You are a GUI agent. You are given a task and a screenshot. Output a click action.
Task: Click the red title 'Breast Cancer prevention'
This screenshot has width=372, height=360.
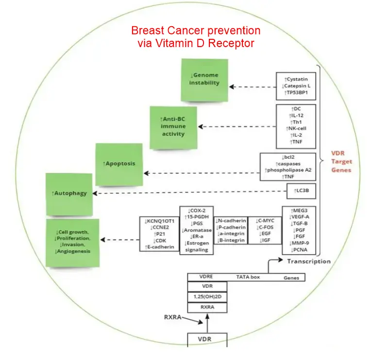[x=196, y=31]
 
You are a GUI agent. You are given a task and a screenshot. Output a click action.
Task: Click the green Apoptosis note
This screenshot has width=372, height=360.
[x=119, y=164]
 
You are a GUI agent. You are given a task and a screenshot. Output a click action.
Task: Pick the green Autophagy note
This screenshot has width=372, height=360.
[x=69, y=193]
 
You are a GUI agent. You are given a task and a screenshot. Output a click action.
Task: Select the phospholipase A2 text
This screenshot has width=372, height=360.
[x=288, y=171]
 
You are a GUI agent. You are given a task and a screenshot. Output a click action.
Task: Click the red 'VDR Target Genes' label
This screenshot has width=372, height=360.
[x=342, y=161]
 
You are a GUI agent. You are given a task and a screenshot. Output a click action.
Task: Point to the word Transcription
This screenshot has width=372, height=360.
[x=308, y=262]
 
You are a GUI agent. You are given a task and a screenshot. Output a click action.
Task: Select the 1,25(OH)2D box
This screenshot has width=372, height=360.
[x=206, y=296]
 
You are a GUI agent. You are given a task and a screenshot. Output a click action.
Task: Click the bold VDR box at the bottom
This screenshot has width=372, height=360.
[x=206, y=338]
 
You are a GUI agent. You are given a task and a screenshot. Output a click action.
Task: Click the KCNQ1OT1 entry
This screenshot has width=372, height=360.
[x=156, y=221]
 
